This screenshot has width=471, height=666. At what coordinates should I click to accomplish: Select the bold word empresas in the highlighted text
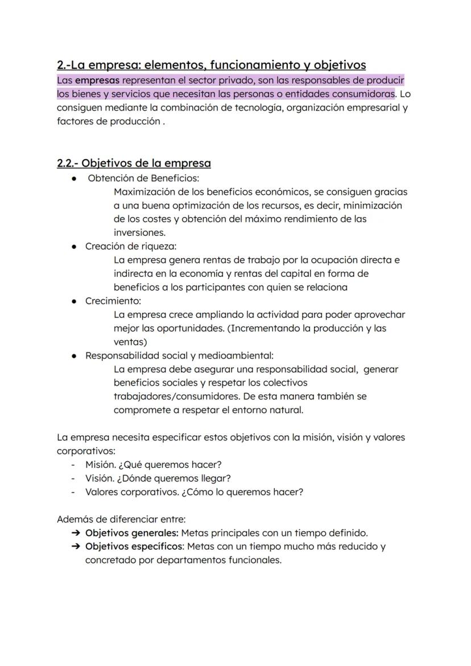tap(97, 80)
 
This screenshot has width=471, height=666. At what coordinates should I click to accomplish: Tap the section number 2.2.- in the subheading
tap(68, 164)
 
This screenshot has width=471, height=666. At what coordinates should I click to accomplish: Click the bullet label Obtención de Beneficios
tap(140, 178)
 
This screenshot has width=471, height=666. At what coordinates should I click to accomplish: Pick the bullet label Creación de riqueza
tap(131, 246)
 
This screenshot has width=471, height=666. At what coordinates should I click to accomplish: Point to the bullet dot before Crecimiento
tap(75, 301)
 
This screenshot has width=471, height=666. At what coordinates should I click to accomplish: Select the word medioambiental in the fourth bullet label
tap(225, 356)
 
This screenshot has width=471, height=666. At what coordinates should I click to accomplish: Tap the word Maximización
tap(146, 192)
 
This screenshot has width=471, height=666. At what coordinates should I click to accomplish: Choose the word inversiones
tap(139, 232)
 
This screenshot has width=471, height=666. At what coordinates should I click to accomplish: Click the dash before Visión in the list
tap(73, 478)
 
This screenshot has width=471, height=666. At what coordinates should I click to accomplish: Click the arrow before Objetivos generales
tap(76, 533)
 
